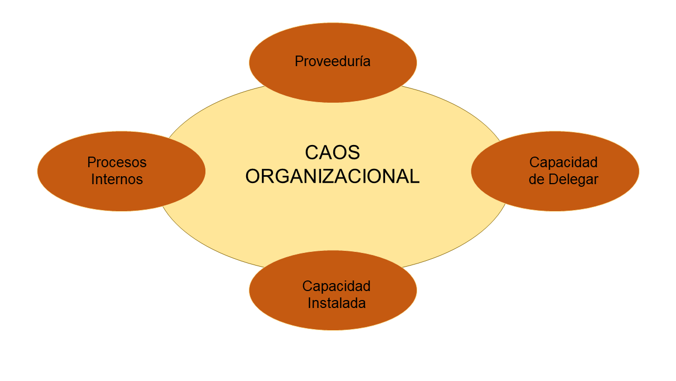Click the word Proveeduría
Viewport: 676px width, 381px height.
click(333, 61)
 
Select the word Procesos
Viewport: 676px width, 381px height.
click(117, 162)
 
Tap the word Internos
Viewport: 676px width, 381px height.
click(117, 179)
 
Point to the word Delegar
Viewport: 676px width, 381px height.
click(573, 179)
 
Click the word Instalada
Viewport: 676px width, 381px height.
click(336, 304)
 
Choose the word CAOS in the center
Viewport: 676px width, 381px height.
click(332, 152)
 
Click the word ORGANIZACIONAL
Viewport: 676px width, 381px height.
click(332, 176)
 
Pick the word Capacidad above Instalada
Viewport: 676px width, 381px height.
click(336, 286)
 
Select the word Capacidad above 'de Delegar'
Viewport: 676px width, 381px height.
click(563, 162)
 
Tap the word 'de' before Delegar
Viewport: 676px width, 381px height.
click(537, 179)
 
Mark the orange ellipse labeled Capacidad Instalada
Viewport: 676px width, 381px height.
click(333, 317)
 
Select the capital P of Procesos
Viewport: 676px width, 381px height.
click(91, 162)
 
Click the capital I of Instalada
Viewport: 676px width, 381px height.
click(309, 304)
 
